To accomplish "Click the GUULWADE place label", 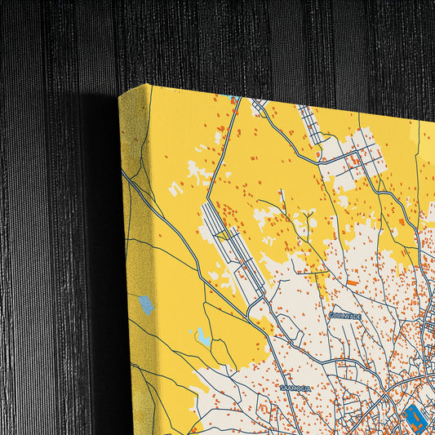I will (344, 315).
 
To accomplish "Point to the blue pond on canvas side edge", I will (146, 306).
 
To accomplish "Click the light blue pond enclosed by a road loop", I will (202, 336).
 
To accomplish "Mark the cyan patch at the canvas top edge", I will (235, 98).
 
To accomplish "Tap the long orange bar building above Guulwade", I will (351, 282).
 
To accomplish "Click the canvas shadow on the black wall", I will (98, 245).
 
